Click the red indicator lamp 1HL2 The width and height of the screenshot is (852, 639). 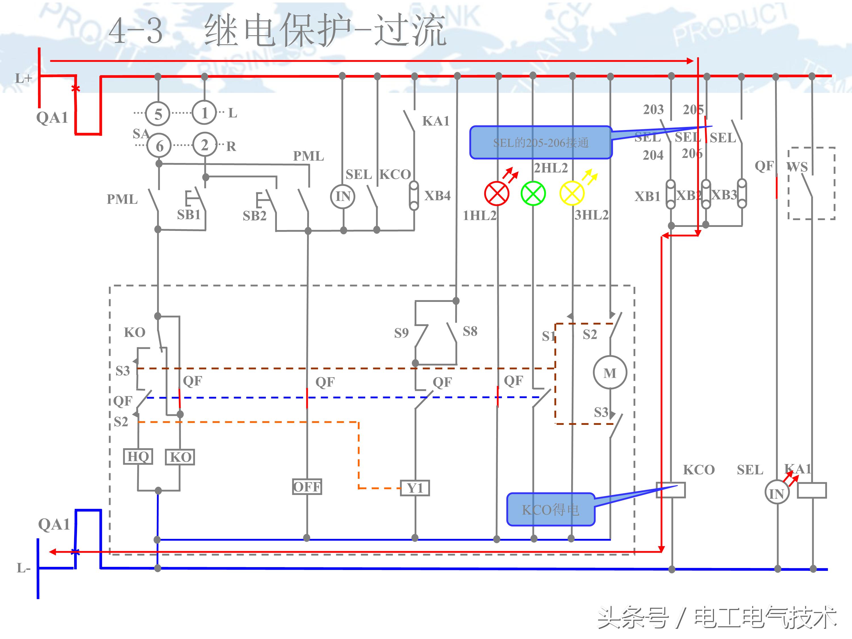point(496,193)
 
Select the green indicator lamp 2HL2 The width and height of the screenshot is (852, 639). point(533,193)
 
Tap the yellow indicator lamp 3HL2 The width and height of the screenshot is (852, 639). point(572,193)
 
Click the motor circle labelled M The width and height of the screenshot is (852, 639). point(610,373)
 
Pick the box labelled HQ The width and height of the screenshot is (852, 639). point(138,456)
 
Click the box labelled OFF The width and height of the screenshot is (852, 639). point(307,487)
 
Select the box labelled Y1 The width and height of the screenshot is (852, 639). point(415,488)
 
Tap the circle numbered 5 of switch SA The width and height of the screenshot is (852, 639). point(158,114)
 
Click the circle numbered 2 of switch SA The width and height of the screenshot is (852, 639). point(204,145)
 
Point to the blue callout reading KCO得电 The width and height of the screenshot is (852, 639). point(550,509)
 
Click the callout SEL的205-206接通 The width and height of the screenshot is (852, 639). point(540,143)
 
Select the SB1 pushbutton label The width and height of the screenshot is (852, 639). point(189,214)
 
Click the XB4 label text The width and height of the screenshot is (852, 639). point(437,196)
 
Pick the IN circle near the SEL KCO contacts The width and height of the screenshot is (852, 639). point(343,197)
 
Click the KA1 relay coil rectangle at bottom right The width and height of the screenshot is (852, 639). point(812,490)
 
